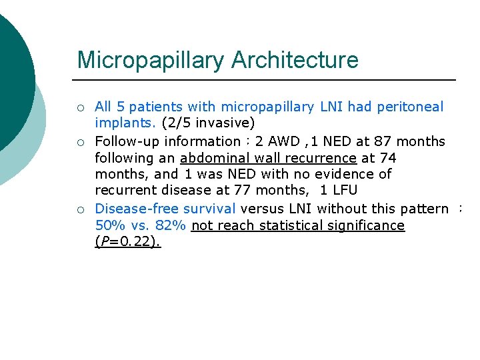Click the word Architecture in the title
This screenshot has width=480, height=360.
pos(295,60)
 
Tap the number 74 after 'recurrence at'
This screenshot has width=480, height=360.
pos(387,158)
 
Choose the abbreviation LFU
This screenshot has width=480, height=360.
pos(343,191)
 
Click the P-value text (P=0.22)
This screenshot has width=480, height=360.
pos(128,242)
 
